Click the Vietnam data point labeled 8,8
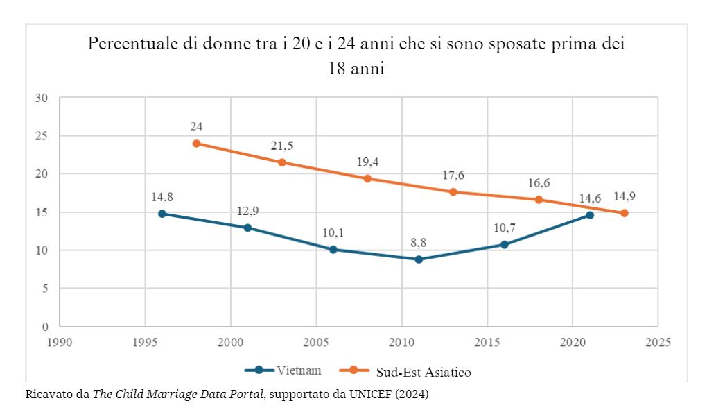coord(419,259)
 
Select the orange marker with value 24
coord(196,144)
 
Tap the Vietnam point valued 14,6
coord(590,215)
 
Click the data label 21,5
coord(282,146)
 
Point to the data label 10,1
coord(333,233)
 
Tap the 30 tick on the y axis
coord(41,98)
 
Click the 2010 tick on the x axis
coord(401,342)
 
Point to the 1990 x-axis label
coord(60,342)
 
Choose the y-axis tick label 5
coord(44,289)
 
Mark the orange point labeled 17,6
coord(453,192)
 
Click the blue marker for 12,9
coord(247,228)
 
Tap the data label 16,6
coord(539,184)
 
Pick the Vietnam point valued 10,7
coord(504,245)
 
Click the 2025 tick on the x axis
coord(658,342)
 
